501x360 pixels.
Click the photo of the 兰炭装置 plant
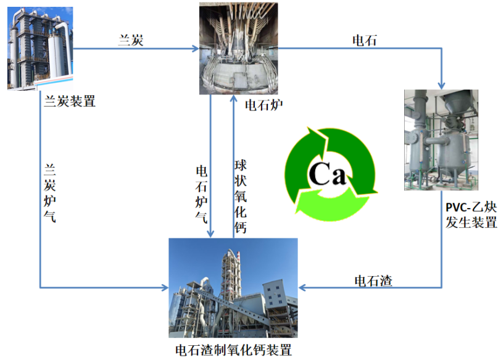pyautogui.click(x=39, y=48)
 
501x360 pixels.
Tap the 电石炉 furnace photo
pyautogui.click(x=230, y=48)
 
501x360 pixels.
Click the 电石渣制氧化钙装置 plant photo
pyautogui.click(x=233, y=288)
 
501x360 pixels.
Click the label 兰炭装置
pyautogui.click(x=69, y=101)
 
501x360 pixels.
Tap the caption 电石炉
pyautogui.click(x=264, y=104)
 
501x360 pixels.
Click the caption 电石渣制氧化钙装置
pyautogui.click(x=233, y=350)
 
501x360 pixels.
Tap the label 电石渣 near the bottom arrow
pyautogui.click(x=373, y=280)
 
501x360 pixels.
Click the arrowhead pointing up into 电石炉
pyautogui.click(x=234, y=99)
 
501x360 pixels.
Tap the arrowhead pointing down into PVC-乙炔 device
pyautogui.click(x=442, y=85)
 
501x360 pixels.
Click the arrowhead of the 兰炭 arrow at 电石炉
pyautogui.click(x=196, y=48)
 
